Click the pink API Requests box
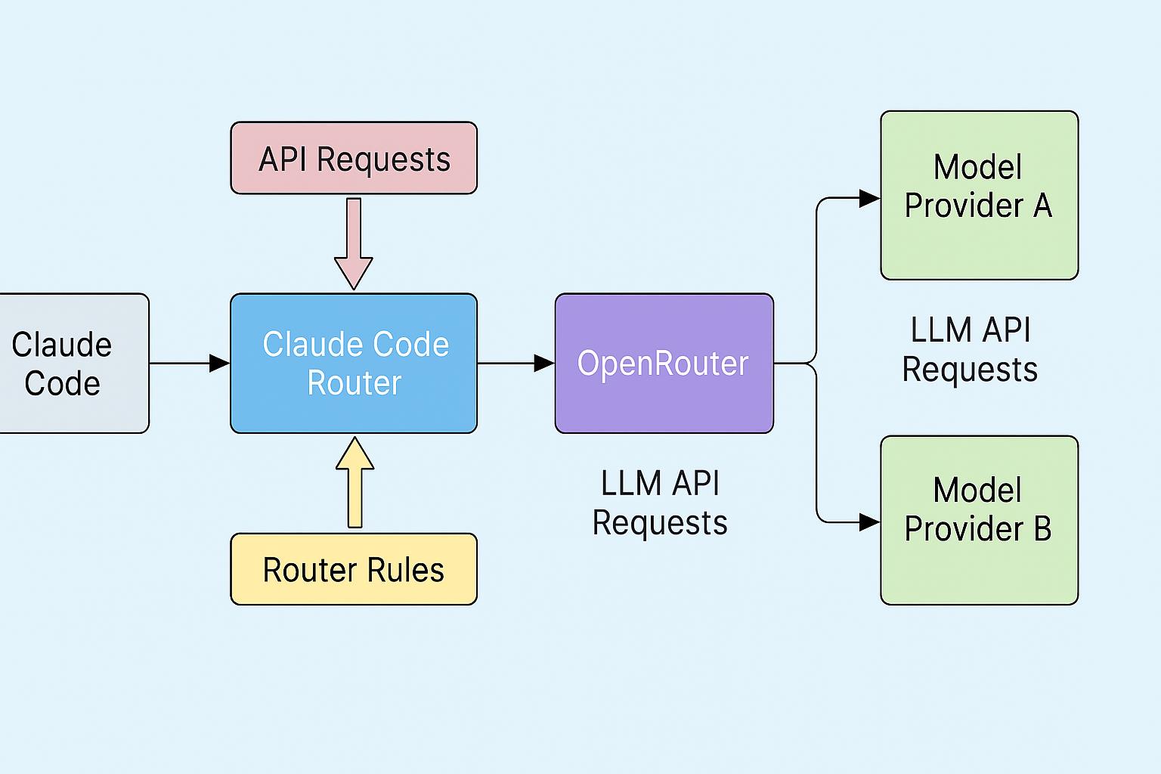tap(354, 158)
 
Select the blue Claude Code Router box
tap(354, 364)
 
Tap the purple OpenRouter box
tap(664, 364)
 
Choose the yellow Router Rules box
tap(354, 569)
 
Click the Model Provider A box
tap(979, 195)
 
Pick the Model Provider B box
tap(979, 520)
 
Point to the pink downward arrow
tap(354, 243)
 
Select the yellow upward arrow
tap(354, 482)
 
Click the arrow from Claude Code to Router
tap(189, 364)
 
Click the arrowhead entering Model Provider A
tap(869, 199)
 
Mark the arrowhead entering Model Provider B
tap(869, 522)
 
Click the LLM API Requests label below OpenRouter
tap(660, 503)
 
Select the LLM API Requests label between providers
tap(971, 349)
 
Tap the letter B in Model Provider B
tap(1042, 528)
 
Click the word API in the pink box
tap(283, 159)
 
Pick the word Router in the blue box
tap(354, 383)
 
